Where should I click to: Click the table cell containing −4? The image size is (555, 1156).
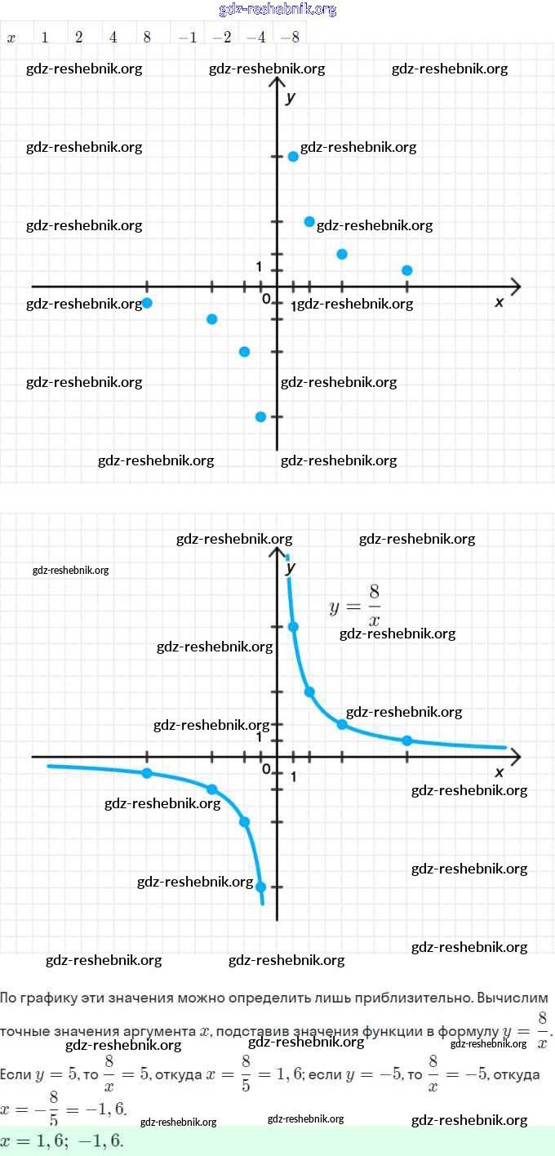pos(256,38)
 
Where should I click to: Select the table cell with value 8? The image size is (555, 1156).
pos(147,38)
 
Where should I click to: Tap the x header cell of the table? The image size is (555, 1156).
pos(11,38)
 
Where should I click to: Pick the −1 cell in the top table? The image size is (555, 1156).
pos(188,38)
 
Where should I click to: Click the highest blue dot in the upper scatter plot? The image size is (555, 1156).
pos(293,156)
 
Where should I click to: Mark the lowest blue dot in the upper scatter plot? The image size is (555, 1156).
pos(260,416)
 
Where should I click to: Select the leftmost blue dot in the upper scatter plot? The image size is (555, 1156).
pos(147,303)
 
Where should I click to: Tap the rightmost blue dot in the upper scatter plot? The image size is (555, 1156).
pos(407,270)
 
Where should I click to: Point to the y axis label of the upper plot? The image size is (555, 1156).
pos(291,98)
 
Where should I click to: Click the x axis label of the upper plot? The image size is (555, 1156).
pos(499,302)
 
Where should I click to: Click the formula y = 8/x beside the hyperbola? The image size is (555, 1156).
pos(356,605)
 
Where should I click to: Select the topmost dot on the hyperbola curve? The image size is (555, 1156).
pos(293,627)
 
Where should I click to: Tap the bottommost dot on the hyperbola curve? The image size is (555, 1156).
pos(260,887)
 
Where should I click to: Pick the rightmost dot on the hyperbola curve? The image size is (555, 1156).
pos(407,740)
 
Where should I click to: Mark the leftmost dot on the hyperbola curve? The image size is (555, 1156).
pos(147,773)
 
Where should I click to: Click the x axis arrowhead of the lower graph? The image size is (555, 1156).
pos(516,757)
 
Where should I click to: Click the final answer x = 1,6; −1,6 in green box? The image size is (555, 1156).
pos(62,1140)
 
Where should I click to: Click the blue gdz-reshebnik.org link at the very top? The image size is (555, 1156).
pos(277,10)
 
